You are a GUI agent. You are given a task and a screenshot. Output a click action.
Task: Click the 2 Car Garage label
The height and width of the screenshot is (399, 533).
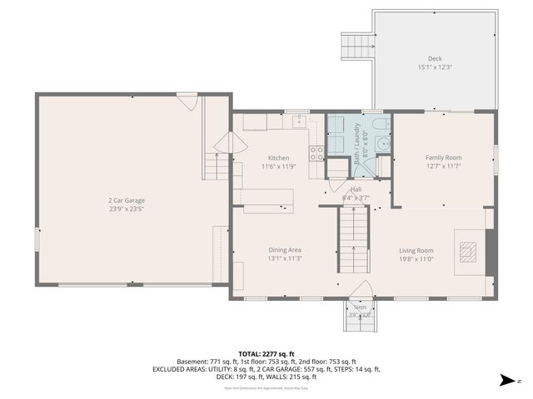coord(127,200)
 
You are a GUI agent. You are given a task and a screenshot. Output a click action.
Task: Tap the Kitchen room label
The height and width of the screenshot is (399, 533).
coord(278,158)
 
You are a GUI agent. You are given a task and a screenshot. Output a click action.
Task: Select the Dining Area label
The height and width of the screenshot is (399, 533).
coord(285,249)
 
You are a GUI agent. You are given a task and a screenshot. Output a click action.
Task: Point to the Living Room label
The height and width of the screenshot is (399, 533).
coord(416,250)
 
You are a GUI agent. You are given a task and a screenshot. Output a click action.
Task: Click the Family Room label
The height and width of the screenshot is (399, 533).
coord(443,157)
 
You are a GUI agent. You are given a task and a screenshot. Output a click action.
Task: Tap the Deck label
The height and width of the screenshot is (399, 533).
coord(435,58)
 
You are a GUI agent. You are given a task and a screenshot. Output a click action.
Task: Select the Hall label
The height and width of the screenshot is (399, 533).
coord(356,190)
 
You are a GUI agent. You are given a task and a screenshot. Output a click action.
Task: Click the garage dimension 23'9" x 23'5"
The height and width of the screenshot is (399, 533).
coord(127,209)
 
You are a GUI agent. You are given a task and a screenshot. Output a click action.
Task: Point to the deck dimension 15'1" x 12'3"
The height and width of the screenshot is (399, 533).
coord(435,67)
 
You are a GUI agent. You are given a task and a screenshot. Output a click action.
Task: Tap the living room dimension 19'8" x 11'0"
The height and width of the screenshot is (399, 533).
coord(416,259)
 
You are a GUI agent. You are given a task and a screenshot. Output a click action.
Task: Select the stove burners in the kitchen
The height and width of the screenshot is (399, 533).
coord(316,152)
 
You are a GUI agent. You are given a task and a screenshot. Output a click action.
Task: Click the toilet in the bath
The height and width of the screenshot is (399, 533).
coord(381,126)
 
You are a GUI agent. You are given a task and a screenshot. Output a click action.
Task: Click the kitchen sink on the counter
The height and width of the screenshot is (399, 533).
coord(297,121)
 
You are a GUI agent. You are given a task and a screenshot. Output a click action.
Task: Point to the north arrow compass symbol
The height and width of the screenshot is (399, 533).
coord(506,382)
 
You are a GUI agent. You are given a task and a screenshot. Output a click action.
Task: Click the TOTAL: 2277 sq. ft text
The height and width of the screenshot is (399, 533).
coord(266,353)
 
